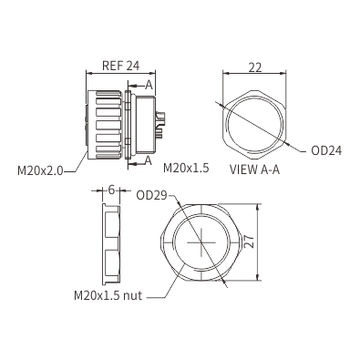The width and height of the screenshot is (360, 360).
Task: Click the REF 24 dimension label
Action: tap(120, 66)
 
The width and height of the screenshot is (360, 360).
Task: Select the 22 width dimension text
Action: tap(255, 67)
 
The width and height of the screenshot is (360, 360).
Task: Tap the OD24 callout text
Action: tap(326, 150)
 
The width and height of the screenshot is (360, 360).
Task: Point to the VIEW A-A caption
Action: tap(254, 170)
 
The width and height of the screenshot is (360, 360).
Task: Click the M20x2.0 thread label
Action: tap(40, 171)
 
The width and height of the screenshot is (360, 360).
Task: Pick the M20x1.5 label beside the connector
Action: tap(186, 168)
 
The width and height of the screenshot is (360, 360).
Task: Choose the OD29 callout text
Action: tap(152, 195)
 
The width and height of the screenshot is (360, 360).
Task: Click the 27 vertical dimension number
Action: tap(249, 242)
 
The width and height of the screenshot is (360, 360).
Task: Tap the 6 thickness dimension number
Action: tap(111, 190)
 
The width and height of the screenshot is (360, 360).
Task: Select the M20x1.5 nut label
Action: tap(108, 295)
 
